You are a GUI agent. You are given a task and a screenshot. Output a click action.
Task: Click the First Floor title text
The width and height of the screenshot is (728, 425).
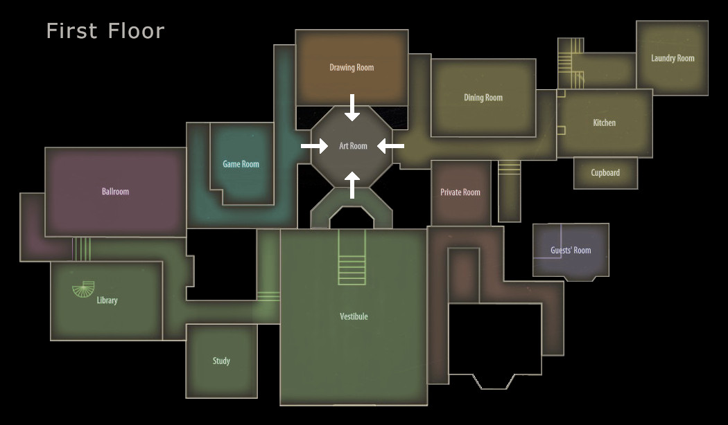105,31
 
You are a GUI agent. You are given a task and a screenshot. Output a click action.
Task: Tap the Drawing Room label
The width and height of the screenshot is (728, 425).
352,68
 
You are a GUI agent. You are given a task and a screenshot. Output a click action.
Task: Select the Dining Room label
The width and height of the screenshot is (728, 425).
483,98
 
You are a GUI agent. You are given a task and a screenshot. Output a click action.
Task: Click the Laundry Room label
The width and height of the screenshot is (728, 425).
673,58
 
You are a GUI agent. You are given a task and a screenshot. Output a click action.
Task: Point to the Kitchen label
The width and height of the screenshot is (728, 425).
604,123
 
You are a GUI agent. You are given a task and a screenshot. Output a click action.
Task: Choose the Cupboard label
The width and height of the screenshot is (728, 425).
605,173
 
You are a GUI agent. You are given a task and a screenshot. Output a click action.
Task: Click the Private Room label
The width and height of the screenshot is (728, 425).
460,192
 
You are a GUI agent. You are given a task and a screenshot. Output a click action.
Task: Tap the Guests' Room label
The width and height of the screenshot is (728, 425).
571,251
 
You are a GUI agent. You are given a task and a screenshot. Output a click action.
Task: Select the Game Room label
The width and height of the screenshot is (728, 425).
241,164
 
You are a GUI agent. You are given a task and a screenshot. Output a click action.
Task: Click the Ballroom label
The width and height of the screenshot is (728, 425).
116,192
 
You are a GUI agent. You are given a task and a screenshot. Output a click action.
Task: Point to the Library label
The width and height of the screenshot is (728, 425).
107,300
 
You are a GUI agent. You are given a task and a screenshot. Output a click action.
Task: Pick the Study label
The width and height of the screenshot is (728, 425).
221,361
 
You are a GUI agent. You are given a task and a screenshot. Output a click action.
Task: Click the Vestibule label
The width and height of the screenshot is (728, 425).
354,316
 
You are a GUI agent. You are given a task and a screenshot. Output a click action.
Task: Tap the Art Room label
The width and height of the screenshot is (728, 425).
354,146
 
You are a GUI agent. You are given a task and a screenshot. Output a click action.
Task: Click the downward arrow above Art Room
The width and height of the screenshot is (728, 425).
352,107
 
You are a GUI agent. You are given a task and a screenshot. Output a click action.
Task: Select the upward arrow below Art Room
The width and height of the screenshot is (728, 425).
352,185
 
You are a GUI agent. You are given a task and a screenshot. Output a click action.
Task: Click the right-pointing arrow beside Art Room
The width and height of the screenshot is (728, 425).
314,146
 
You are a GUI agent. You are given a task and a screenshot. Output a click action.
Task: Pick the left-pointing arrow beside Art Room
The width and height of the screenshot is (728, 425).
390,146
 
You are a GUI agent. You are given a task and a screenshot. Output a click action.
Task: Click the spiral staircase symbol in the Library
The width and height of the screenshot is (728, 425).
84,289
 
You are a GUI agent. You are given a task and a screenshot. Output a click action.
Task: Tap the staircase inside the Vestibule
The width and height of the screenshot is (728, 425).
352,257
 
